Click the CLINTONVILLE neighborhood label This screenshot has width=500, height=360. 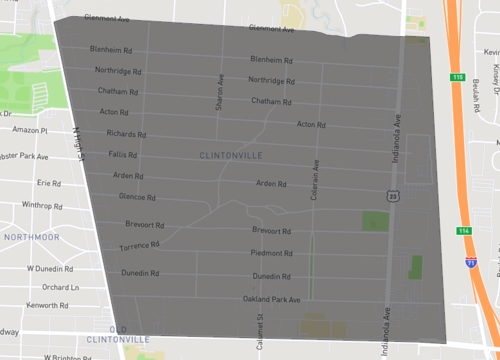click(230, 155)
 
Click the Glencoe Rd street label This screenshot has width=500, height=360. click(137, 197)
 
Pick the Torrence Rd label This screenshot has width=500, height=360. click(139, 245)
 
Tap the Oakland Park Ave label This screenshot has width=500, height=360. click(272, 298)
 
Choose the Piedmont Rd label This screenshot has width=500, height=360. click(271, 253)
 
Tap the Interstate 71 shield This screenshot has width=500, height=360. click(470, 261)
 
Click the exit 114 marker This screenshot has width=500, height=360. click(465, 231)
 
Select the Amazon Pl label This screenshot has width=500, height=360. click(30, 130)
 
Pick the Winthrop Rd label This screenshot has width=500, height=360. click(43, 205)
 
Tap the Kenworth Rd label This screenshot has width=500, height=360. click(46, 304)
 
